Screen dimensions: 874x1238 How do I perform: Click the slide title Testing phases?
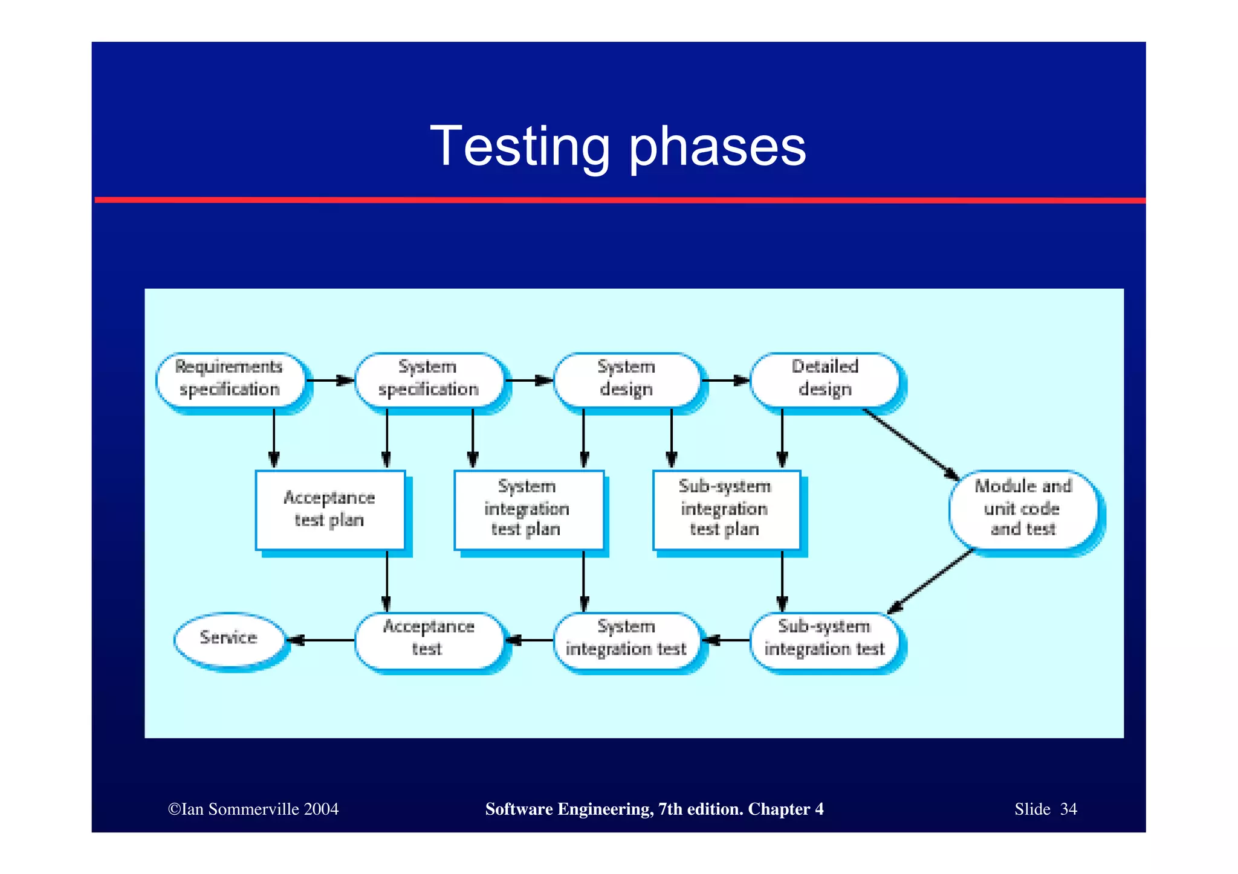[618, 147]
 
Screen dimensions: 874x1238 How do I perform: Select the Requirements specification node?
[230, 379]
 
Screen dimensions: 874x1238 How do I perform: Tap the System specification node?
[429, 379]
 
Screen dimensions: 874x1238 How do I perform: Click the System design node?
[627, 379]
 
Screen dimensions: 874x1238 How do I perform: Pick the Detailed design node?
[825, 379]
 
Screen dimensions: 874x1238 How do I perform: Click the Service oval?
[228, 638]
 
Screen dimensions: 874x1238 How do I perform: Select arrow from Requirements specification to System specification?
[329, 381]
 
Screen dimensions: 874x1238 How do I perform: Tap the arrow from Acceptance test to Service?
[320, 640]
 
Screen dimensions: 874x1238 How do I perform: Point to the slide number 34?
[1068, 809]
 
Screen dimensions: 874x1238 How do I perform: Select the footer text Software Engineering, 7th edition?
[614, 809]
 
